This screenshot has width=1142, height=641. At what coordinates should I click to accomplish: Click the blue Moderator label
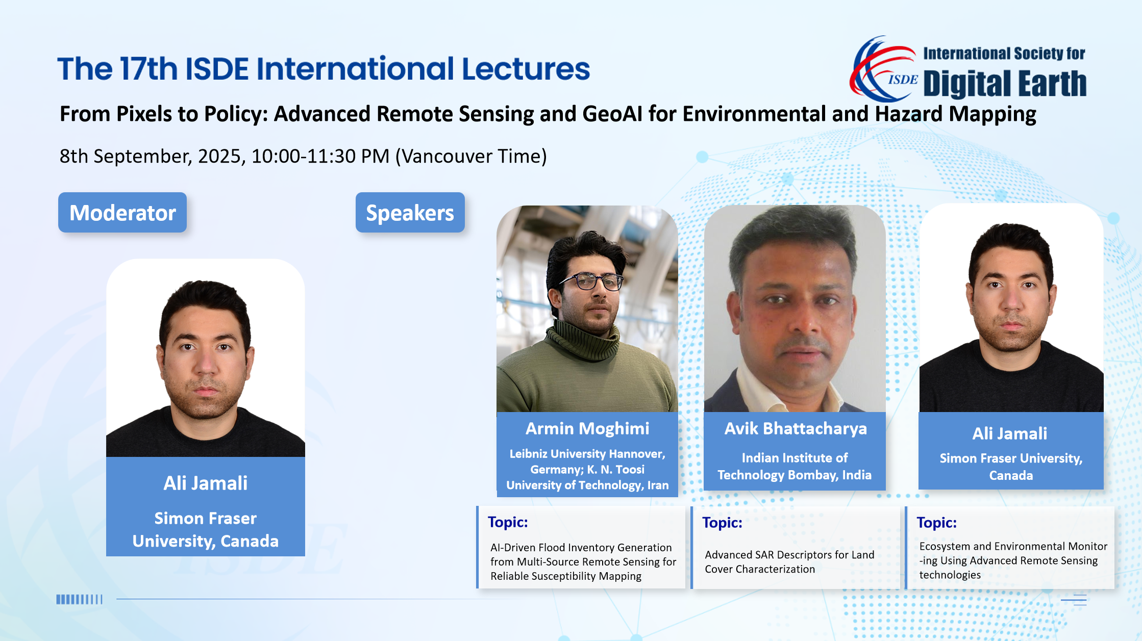(122, 213)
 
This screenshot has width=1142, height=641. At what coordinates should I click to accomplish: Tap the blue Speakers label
(410, 213)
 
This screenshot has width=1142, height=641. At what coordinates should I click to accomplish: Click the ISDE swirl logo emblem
(884, 69)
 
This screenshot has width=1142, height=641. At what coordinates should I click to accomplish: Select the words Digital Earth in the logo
(1005, 84)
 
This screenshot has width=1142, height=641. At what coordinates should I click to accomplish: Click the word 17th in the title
(148, 69)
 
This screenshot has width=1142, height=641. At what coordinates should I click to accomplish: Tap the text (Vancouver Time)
(471, 156)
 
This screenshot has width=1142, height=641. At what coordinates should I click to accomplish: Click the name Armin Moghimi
(587, 428)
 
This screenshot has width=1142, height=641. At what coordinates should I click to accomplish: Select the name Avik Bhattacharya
(796, 428)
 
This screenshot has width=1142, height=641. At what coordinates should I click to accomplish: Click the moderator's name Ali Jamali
(206, 483)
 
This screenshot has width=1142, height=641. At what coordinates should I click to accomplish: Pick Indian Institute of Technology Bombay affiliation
(795, 466)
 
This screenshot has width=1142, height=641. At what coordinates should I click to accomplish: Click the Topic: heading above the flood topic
(508, 522)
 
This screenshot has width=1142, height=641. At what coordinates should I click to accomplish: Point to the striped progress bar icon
(80, 599)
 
